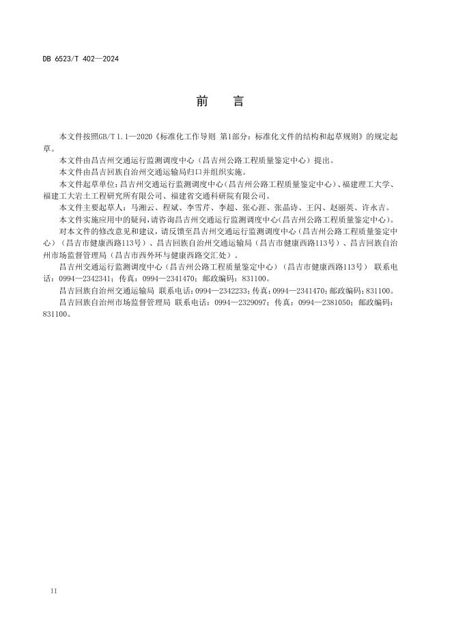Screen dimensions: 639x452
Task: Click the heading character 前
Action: pyautogui.click(x=202, y=102)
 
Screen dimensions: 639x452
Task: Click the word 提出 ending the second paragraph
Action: pyautogui.click(x=321, y=160)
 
